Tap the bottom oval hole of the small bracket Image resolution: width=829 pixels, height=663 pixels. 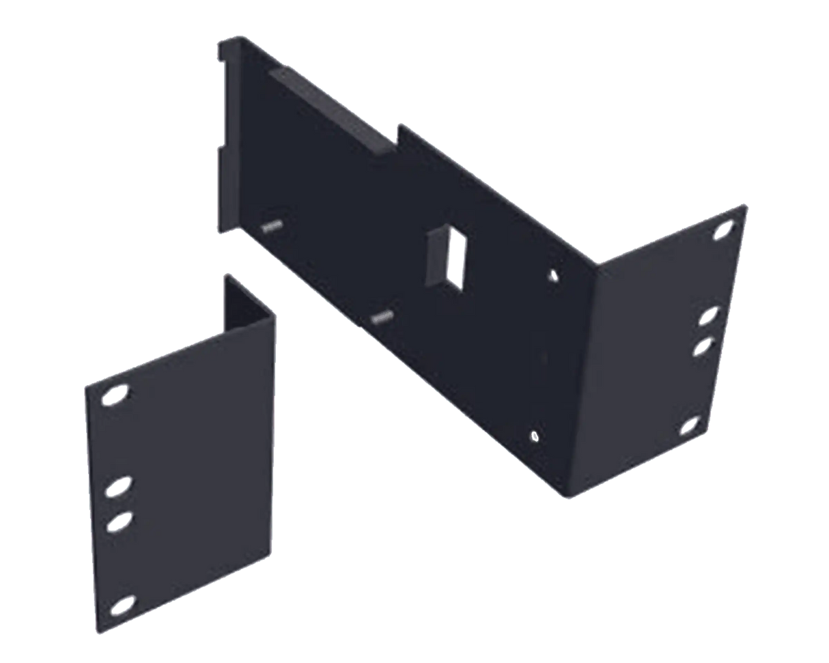tap(122, 605)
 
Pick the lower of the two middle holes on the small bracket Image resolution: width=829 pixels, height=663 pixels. tap(118, 524)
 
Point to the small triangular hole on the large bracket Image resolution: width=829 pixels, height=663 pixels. tap(554, 274)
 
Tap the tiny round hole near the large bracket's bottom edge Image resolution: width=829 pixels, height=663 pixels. tap(534, 434)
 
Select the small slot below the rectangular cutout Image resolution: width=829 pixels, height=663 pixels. tap(383, 316)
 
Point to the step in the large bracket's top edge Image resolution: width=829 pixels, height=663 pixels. tap(400, 134)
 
